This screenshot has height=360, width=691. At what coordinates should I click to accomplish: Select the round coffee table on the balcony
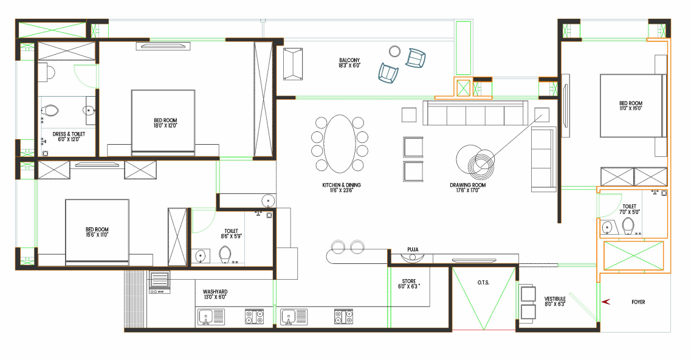pyautogui.click(x=395, y=51)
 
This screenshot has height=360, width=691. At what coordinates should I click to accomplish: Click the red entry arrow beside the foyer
pyautogui.click(x=605, y=302)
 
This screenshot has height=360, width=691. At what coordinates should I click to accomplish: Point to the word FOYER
pyautogui.click(x=638, y=302)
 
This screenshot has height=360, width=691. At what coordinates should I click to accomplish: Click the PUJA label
pyautogui.click(x=413, y=249)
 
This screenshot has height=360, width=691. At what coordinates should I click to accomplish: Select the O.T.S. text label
pyautogui.click(x=484, y=283)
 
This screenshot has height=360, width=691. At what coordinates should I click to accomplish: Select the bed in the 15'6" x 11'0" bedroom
pyautogui.click(x=97, y=232)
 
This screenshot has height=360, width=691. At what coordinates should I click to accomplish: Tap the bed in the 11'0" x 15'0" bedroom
pyautogui.click(x=630, y=106)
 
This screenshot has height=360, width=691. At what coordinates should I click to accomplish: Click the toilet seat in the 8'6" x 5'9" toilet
pyautogui.click(x=225, y=254)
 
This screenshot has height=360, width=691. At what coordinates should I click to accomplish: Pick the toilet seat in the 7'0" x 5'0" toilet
pyautogui.click(x=628, y=226)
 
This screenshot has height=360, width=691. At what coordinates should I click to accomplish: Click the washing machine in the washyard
pyautogui.click(x=159, y=283)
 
